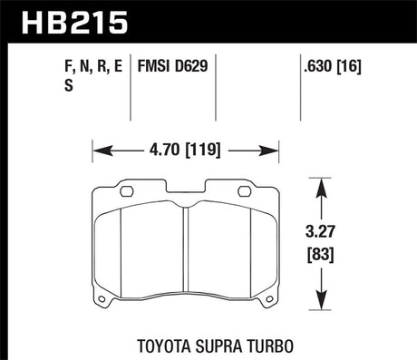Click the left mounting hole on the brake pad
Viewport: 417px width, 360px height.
tap(127, 191)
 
